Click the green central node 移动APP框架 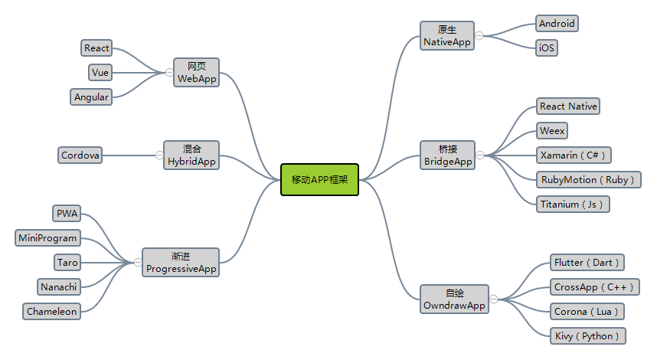(x=320, y=180)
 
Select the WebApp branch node (x=197, y=73)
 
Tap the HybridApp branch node (x=191, y=155)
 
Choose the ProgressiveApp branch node (x=181, y=263)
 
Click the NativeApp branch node (x=447, y=36)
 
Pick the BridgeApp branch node (x=447, y=155)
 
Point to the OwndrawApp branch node (x=454, y=299)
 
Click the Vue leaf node (x=100, y=73)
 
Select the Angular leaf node (x=91, y=97)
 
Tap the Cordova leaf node (x=80, y=155)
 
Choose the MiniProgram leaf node (x=47, y=238)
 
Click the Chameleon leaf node (x=51, y=312)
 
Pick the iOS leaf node (x=547, y=47)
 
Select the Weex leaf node (x=552, y=131)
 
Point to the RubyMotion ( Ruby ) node (x=588, y=180)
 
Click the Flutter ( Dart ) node (x=587, y=263)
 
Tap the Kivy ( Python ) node (x=587, y=336)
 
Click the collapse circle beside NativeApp (x=479, y=36)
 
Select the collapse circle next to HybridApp (x=159, y=155)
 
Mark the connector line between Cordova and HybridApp (x=129, y=155)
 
